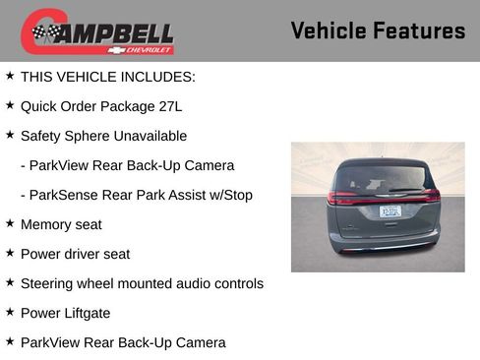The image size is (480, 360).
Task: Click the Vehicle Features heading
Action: pos(378,30)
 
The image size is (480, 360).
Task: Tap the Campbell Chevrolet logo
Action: pos(97,32)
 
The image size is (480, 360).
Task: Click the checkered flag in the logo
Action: pos(45,33)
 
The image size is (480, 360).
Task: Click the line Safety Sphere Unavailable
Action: pos(103,136)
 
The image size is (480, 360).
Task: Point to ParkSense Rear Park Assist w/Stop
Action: pos(141,195)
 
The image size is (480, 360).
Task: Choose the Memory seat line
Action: pos(61,224)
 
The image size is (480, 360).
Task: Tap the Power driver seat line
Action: pos(75,254)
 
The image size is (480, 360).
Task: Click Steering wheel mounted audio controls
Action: pos(142,283)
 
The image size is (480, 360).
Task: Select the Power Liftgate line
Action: pos(65,313)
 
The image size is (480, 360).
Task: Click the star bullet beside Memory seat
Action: pos(10,223)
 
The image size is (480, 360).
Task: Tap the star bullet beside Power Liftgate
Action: pos(10,312)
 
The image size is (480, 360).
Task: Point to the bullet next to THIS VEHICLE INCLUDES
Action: pos(10,76)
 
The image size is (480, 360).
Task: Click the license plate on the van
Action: pos(390,210)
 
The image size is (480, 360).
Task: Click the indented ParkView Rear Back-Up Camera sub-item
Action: pos(131,165)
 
